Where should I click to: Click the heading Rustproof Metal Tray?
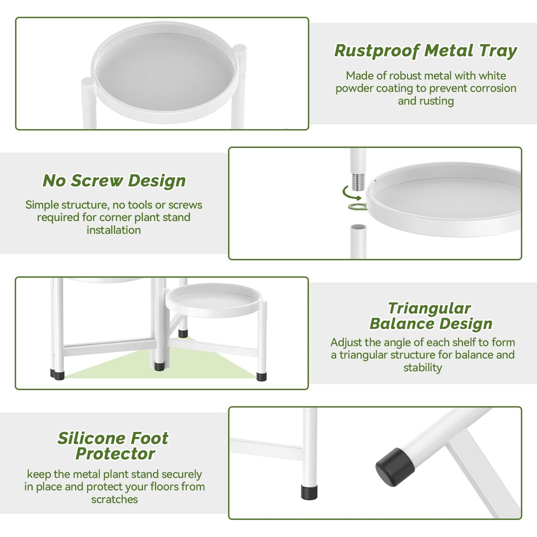coord(425,51)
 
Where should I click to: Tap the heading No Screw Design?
coord(114,180)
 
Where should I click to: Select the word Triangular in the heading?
coord(429,308)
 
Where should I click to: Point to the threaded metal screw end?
coord(357,180)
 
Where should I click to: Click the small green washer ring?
coord(357,207)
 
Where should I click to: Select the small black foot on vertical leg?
coord(309,492)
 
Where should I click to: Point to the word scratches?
coord(115,499)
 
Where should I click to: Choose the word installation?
coord(114,230)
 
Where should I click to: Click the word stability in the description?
coord(422,368)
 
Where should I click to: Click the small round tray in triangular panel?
coord(213,299)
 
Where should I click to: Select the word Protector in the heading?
coord(115,453)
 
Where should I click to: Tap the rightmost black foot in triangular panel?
coord(261,376)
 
